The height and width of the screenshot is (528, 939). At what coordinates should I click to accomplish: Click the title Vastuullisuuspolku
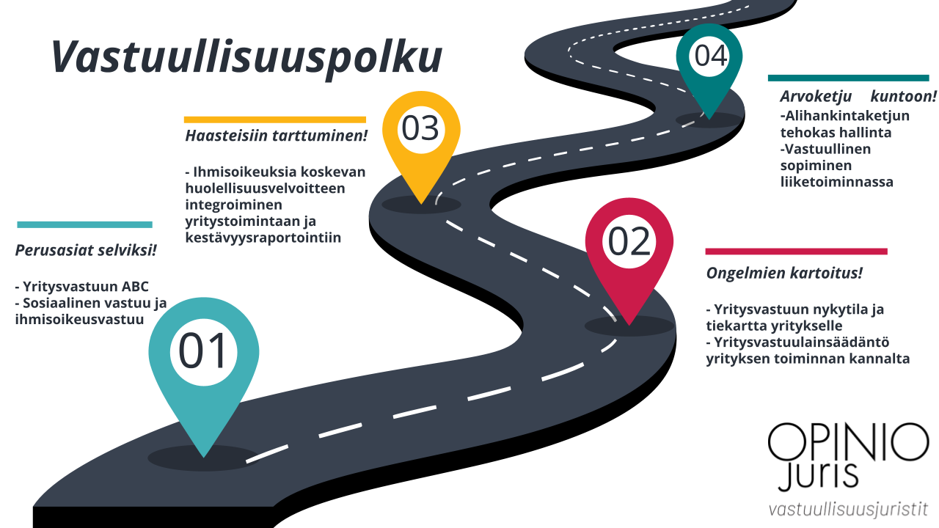pos(246,58)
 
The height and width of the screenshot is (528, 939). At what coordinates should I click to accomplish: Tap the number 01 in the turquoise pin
pos(203,351)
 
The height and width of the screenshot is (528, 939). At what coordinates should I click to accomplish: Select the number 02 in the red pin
pos(629,242)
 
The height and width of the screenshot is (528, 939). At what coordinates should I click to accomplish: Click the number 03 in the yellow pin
pos(420,128)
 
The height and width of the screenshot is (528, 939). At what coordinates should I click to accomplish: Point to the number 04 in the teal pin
pos(711,56)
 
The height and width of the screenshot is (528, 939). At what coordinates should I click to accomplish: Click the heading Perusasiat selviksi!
pos(86,251)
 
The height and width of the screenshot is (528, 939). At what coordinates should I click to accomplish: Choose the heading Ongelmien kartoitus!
pos(784,274)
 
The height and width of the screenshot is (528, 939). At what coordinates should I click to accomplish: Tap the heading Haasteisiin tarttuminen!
pos(277,136)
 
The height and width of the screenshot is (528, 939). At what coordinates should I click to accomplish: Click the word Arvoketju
pos(816,97)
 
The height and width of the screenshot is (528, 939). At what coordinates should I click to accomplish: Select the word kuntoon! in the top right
pos(903,96)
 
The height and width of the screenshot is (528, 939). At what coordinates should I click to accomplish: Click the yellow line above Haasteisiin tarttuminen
pos(275,120)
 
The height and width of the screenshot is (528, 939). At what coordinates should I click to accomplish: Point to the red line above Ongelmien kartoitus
pos(797,252)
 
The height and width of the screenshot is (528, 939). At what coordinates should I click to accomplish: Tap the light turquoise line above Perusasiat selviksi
pos(84,225)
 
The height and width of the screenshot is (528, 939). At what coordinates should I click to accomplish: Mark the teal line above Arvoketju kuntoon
pos(849,78)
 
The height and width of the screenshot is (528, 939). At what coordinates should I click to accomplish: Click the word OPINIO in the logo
pos(849,442)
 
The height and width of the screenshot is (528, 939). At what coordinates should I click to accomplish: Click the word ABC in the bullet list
pos(135,287)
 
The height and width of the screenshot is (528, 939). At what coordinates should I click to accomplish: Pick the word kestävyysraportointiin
pos(263,238)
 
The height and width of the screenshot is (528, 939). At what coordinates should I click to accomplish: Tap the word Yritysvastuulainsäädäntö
pos(802,342)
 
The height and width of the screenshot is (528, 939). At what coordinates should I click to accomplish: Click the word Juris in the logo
pos(818,476)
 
